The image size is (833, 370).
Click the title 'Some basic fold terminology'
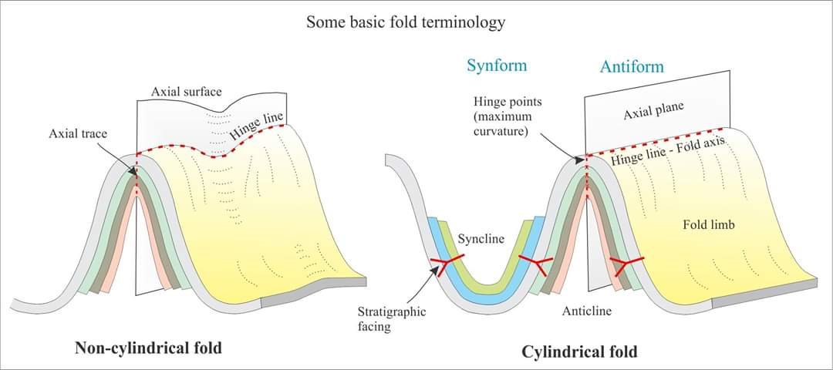406,22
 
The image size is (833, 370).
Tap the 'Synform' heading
497,65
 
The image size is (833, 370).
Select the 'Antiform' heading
632,67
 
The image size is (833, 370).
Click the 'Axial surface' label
186,92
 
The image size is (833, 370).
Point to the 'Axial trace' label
78,133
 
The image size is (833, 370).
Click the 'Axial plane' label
653,112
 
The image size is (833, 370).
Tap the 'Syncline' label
481,239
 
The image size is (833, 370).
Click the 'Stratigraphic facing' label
392,319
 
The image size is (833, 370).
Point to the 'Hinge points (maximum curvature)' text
504,116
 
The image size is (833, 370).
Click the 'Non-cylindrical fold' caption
148,348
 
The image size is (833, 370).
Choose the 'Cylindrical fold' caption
579,352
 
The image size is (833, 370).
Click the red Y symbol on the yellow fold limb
626,264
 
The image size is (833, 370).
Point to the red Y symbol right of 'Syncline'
534,264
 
